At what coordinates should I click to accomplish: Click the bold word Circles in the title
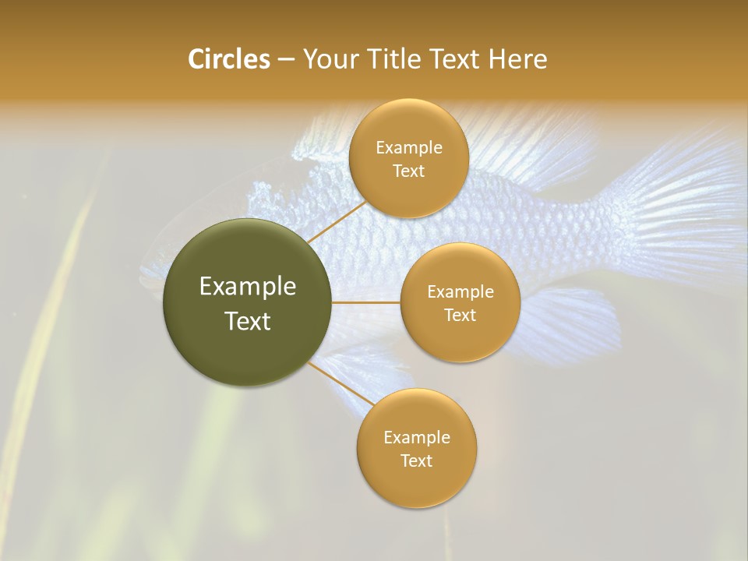(x=228, y=59)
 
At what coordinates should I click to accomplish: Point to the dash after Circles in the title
(x=285, y=60)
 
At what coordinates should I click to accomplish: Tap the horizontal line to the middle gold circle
(x=365, y=302)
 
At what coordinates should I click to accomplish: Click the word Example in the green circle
(x=248, y=287)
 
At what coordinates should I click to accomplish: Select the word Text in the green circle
(x=248, y=321)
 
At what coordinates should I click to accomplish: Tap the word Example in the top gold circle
(x=408, y=148)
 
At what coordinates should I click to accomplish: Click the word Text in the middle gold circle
(x=460, y=316)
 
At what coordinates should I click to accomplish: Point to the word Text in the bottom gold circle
(x=416, y=460)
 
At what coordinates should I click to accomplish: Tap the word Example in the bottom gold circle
(x=416, y=437)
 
